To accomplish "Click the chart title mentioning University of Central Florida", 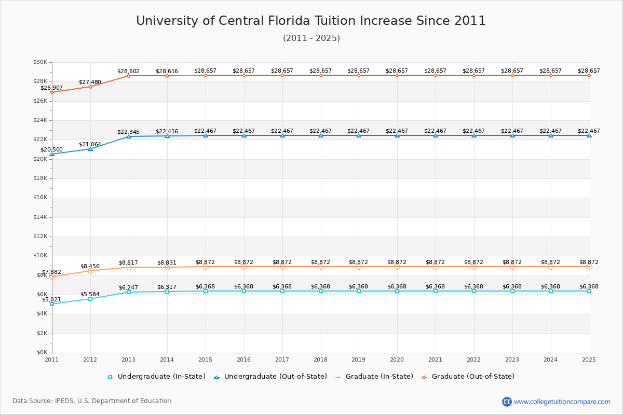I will (x=311, y=21).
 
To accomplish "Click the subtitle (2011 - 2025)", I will (x=311, y=38).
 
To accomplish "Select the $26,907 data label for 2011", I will (x=52, y=88).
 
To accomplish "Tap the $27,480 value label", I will (x=90, y=82).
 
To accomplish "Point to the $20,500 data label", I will (x=52, y=150).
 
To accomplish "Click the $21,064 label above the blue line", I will (x=90, y=145).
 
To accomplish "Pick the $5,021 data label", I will (x=52, y=300).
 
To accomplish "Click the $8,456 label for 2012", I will (x=90, y=267).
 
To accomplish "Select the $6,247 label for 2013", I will (x=129, y=288).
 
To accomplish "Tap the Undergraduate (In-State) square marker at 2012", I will (x=90, y=299).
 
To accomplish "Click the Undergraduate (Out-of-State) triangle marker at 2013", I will (x=129, y=136).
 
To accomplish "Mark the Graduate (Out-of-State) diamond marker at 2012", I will (x=90, y=87).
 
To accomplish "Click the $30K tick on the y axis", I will (x=40, y=62).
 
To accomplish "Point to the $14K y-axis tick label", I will (x=40, y=217).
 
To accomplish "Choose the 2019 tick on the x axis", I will (x=359, y=359).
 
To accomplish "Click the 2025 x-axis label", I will (x=589, y=359).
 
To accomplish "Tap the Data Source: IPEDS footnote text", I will (x=92, y=401).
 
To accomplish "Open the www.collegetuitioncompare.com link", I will (x=562, y=402).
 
